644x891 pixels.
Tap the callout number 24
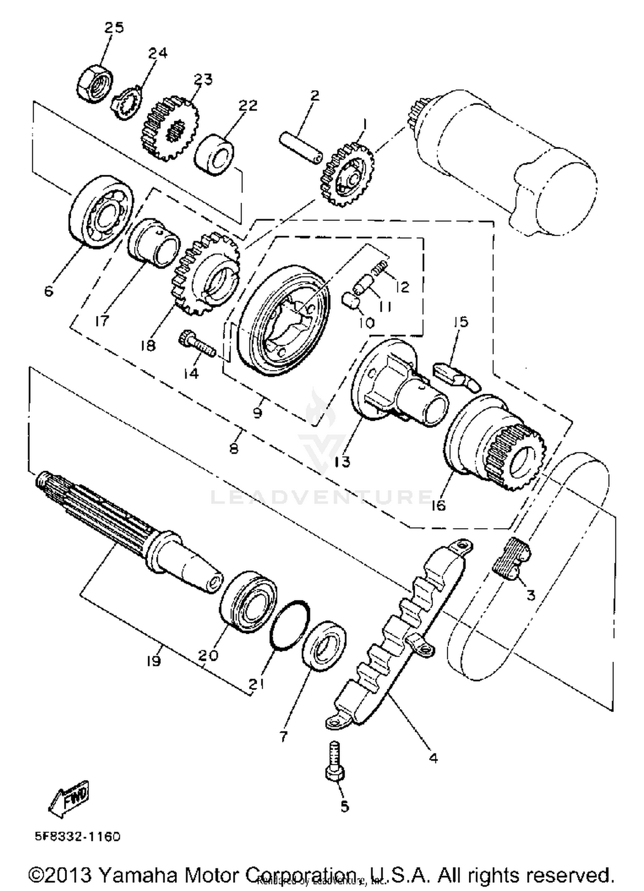pyautogui.click(x=158, y=53)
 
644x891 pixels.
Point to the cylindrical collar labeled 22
pyautogui.click(x=215, y=155)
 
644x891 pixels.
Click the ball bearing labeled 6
pyautogui.click(x=101, y=212)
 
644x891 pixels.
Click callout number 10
pyautogui.click(x=367, y=322)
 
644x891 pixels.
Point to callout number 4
pyautogui.click(x=433, y=758)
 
